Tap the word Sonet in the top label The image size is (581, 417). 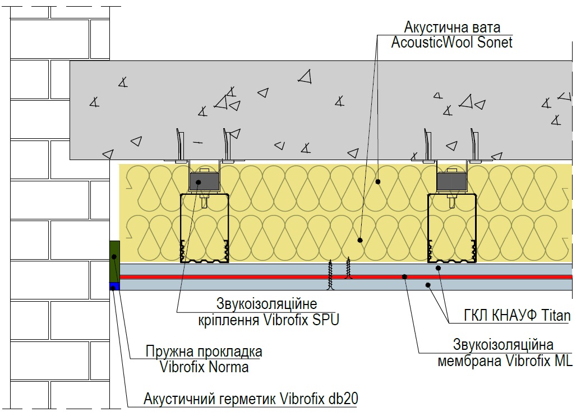(x=495, y=42)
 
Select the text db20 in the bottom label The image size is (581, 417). (x=343, y=399)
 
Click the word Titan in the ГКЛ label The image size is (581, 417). (x=556, y=315)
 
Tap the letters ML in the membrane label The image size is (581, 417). (x=564, y=360)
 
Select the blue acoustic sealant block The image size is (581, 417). (x=114, y=286)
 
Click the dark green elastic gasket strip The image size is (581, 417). (x=114, y=261)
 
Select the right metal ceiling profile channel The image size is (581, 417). (x=428, y=228)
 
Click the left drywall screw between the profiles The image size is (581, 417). (x=330, y=274)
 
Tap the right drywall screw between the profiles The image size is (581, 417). (x=348, y=268)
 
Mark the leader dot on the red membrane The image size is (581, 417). (x=405, y=277)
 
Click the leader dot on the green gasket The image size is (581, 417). (x=114, y=256)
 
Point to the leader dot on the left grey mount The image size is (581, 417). (x=199, y=182)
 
